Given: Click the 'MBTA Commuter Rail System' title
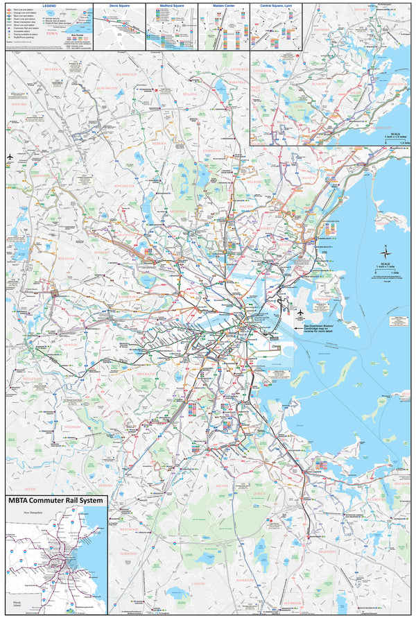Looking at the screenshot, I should (55, 501).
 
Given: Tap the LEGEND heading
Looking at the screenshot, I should (48, 5).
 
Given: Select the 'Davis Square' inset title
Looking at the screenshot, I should (119, 6).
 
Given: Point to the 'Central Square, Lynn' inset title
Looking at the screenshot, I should (275, 6).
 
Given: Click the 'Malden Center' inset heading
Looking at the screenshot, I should (223, 6).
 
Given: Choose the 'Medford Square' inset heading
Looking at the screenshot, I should (171, 6).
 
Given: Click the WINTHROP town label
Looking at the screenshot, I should (323, 299).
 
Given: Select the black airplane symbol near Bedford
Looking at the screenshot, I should (10, 156).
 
